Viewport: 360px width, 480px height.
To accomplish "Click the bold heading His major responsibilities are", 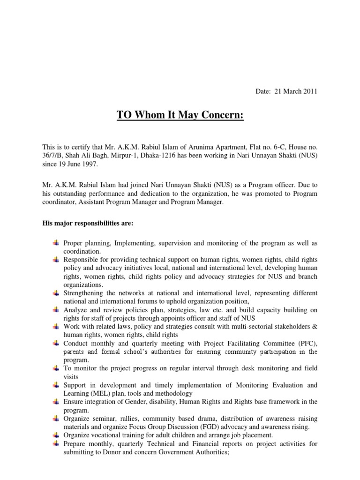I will coord(88,224).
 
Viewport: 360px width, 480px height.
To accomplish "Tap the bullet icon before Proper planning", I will coord(56,242).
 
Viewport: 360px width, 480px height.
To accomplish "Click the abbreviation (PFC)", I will coord(307,344).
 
